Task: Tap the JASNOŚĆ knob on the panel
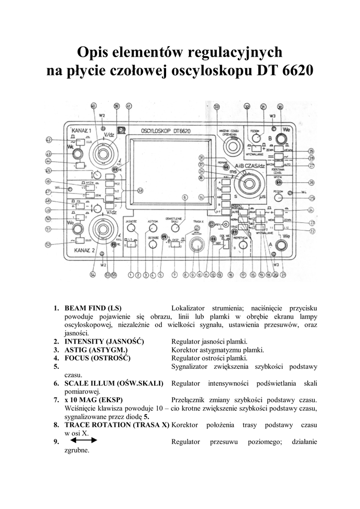[x=131, y=228]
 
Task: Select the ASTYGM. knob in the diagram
[x=152, y=228]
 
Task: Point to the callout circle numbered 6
[x=184, y=197]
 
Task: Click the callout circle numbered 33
[x=216, y=107]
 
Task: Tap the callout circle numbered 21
[x=284, y=274]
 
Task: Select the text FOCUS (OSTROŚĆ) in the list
[x=97, y=358]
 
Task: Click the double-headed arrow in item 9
[x=84, y=440]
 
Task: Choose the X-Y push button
[x=224, y=212]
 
